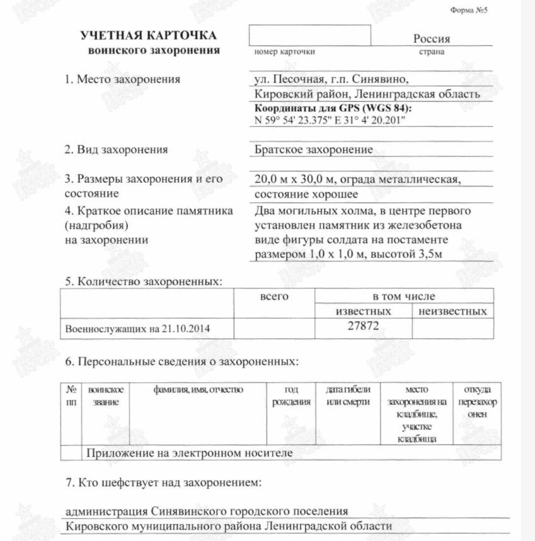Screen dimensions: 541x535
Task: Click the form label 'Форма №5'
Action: [x=469, y=11]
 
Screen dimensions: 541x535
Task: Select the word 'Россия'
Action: [x=432, y=39]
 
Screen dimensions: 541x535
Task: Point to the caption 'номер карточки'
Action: [x=284, y=52]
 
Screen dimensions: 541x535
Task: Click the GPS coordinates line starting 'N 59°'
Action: [x=330, y=120]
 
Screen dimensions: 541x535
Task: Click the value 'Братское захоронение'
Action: [x=314, y=150]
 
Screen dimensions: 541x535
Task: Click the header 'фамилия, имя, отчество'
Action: [x=198, y=390]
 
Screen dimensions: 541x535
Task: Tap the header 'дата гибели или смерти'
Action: [x=348, y=396]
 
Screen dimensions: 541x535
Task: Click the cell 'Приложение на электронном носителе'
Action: [x=189, y=453]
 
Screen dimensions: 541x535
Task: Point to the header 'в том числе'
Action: [x=403, y=296]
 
